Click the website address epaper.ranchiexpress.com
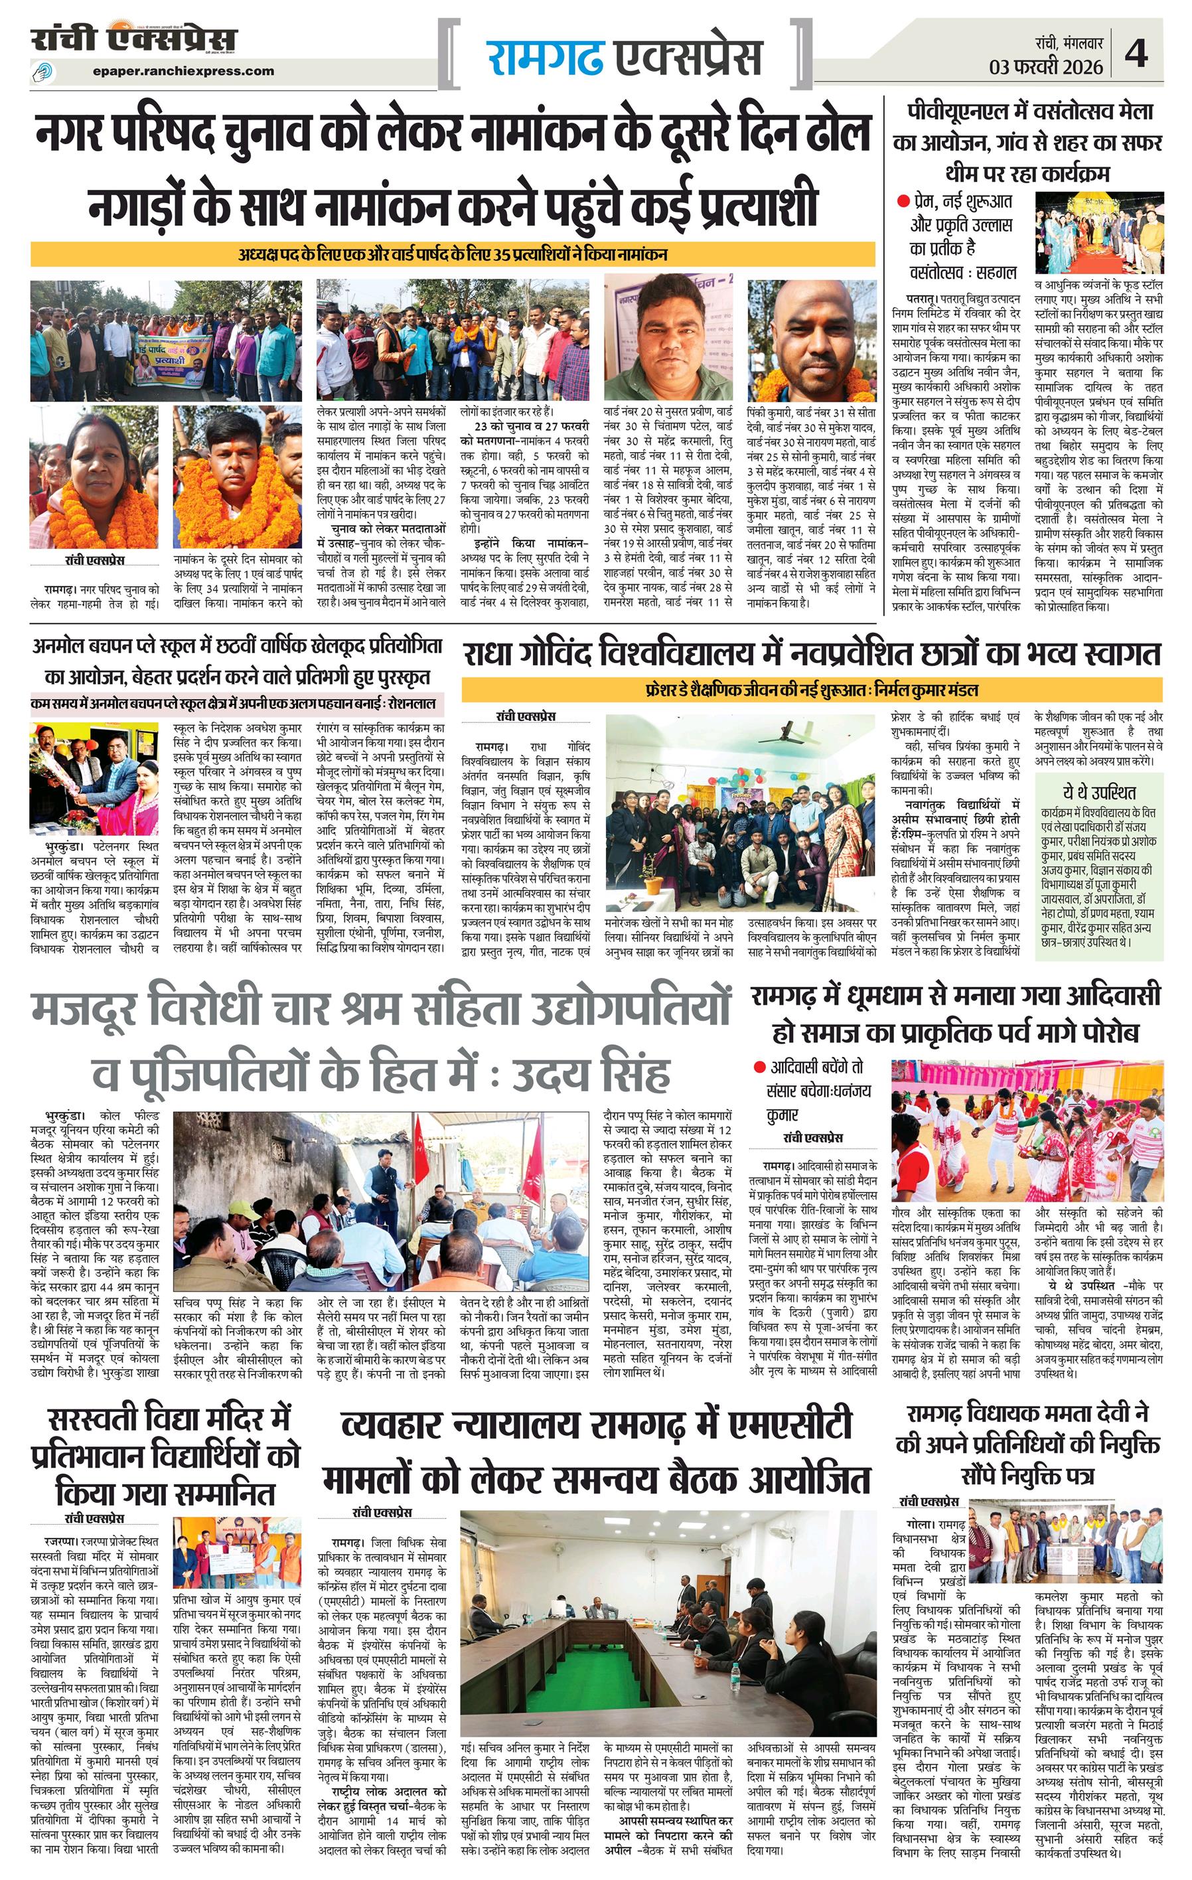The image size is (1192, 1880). (x=183, y=71)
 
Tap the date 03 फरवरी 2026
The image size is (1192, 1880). (x=1046, y=66)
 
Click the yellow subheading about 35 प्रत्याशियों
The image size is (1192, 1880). (x=453, y=254)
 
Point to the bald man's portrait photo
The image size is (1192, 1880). (x=810, y=341)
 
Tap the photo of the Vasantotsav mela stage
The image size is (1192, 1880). (x=1098, y=232)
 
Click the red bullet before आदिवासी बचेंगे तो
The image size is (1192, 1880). (x=759, y=1067)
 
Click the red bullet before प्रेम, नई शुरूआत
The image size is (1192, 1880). (x=903, y=201)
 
